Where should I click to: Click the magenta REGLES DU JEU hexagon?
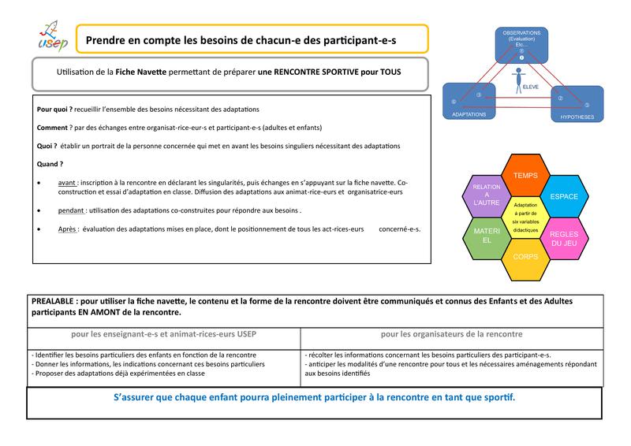[x=563, y=240]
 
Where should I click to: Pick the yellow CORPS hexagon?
[x=524, y=258]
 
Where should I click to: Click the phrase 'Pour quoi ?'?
[x=54, y=109]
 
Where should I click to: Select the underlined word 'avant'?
[x=68, y=183]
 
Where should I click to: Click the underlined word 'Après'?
[x=69, y=229]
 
